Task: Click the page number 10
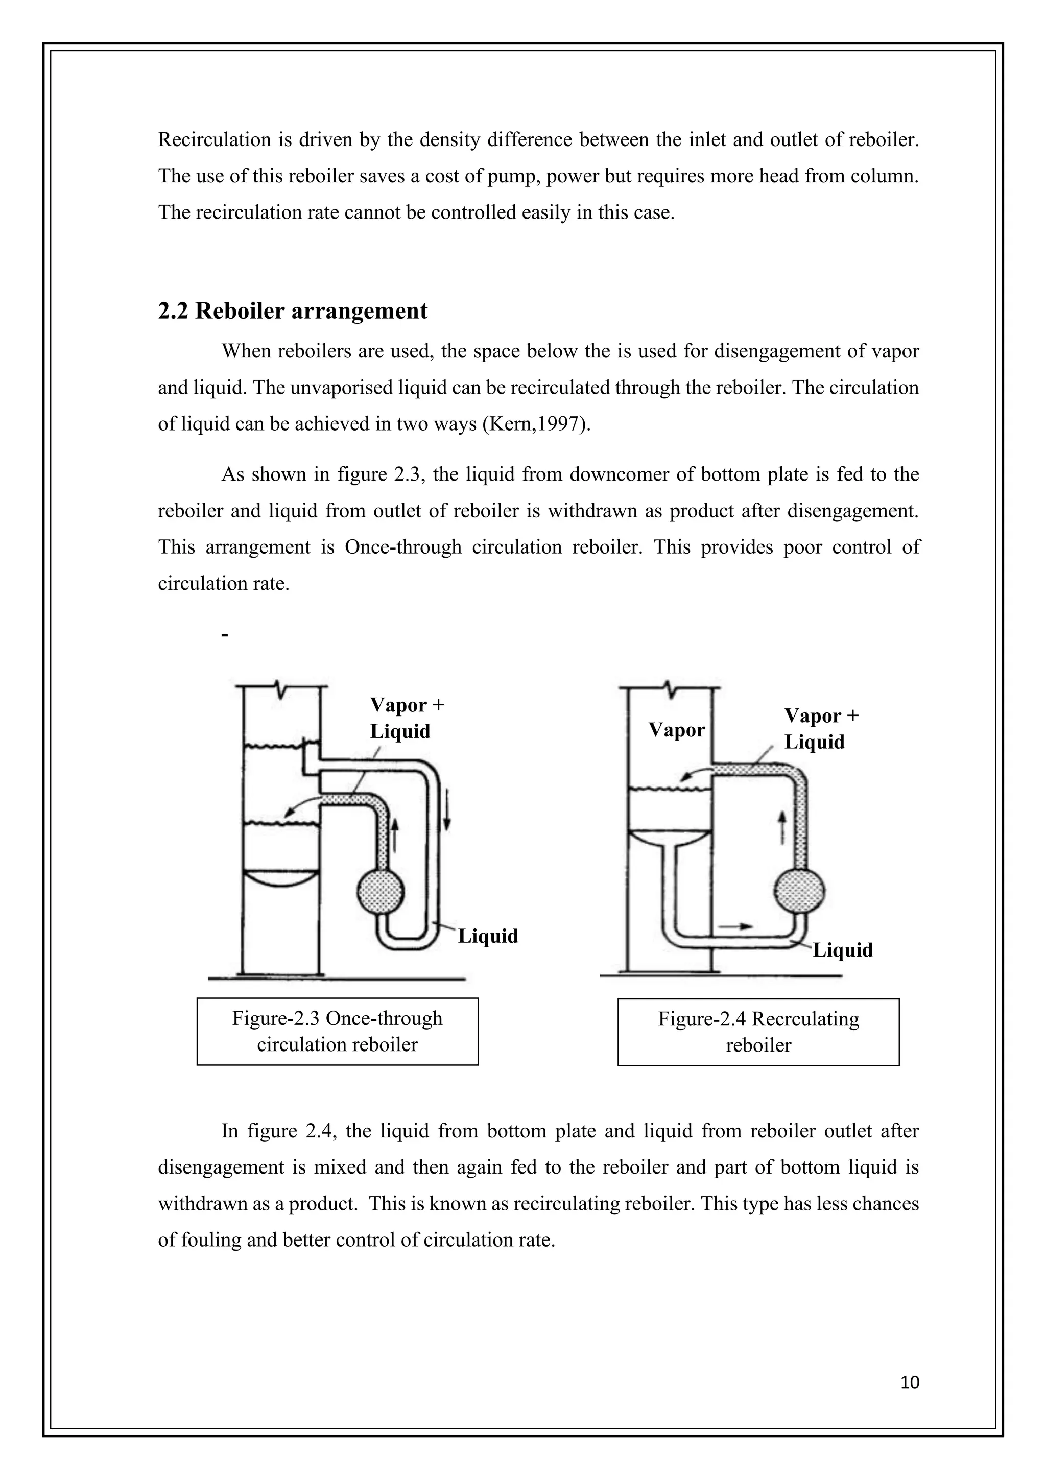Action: tap(910, 1382)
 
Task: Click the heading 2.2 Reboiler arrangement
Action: tap(293, 311)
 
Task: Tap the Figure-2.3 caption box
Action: tap(338, 1031)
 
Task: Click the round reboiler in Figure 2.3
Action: tap(381, 893)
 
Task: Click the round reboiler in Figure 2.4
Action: tap(799, 892)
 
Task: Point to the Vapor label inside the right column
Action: tap(676, 730)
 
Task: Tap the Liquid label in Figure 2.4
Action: tap(842, 950)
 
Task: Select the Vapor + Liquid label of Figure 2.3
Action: tap(407, 718)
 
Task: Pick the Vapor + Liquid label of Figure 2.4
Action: tap(821, 729)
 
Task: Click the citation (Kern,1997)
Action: tap(536, 424)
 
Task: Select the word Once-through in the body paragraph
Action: tap(403, 547)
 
